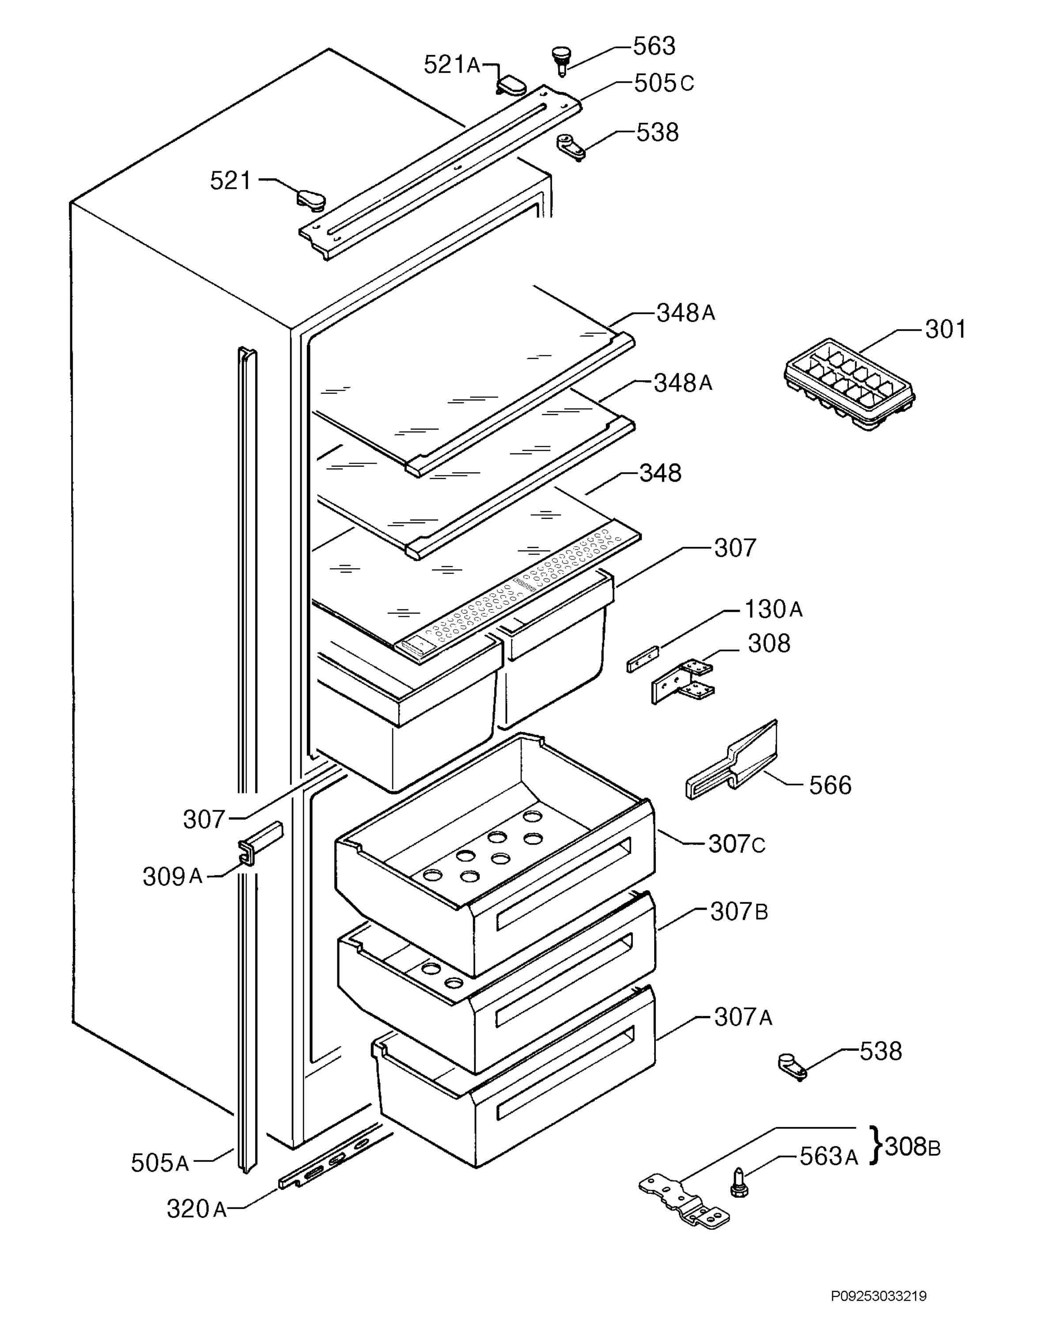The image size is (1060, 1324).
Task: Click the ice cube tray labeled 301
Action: click(x=850, y=383)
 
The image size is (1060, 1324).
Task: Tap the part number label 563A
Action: click(x=828, y=1157)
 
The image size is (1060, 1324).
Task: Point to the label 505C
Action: click(x=664, y=83)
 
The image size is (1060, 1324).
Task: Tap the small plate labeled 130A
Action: click(x=643, y=659)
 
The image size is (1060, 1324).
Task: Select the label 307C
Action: click(x=737, y=844)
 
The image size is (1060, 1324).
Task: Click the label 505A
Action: click(x=160, y=1162)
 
